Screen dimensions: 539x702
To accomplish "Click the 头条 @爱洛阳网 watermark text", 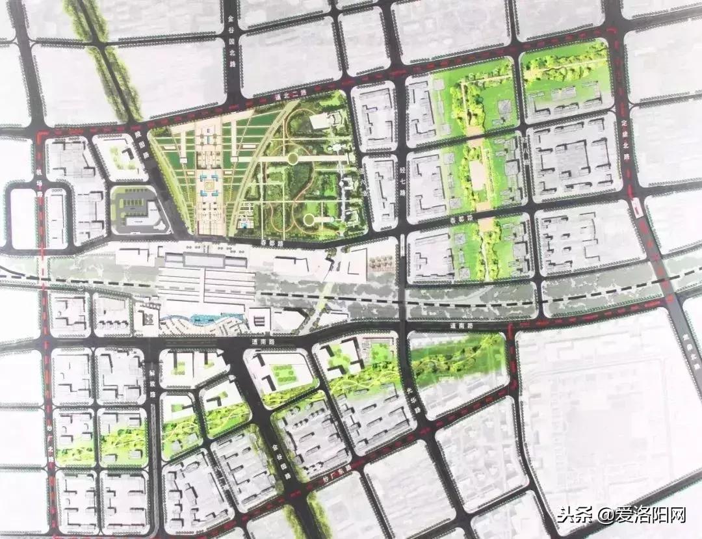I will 621,515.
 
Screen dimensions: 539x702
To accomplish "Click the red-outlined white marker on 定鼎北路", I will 636,208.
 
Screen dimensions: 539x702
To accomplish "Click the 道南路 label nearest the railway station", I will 261,341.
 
